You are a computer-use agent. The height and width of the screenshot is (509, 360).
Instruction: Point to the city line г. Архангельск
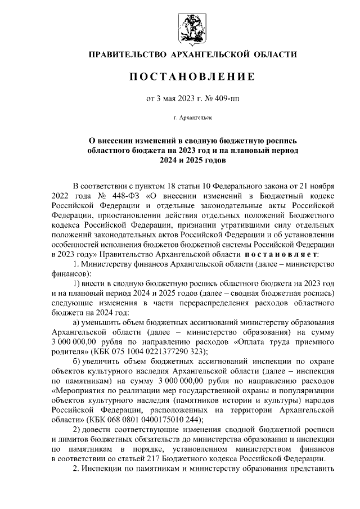pos(193,119)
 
